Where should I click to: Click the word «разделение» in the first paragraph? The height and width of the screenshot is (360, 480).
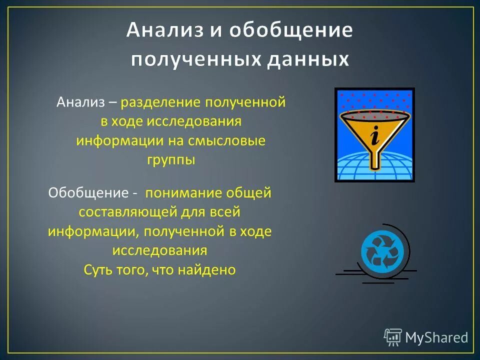pos(159,103)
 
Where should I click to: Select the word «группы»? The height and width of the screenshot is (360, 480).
pos(171,160)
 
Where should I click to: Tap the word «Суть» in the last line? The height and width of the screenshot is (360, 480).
pos(98,270)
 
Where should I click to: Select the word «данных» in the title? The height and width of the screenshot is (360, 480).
pos(307,60)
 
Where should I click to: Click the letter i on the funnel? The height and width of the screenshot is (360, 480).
pos(374,134)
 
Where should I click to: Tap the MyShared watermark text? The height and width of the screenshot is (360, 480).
pos(436,337)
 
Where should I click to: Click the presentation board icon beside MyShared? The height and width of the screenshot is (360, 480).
pos(393,337)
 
